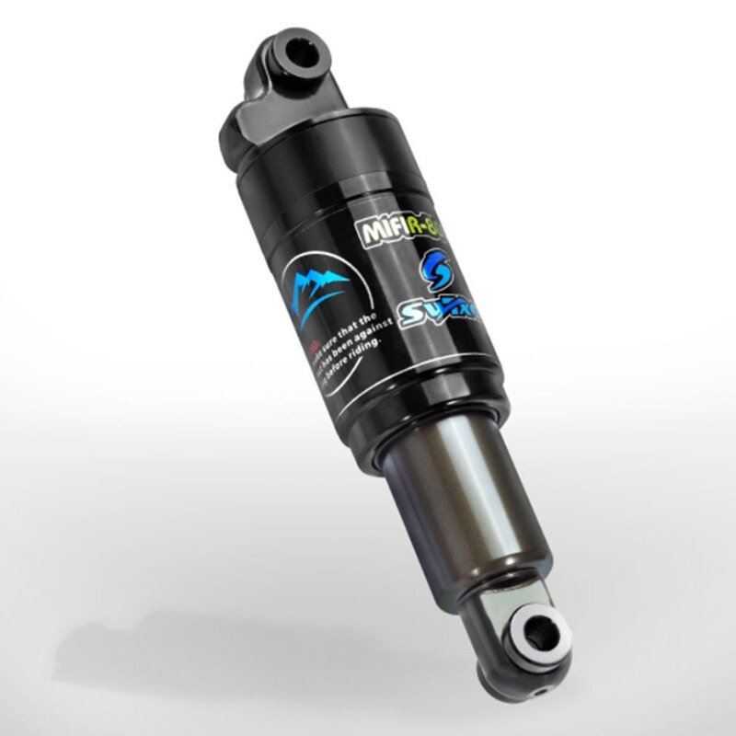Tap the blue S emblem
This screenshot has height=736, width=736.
click(435, 271)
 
